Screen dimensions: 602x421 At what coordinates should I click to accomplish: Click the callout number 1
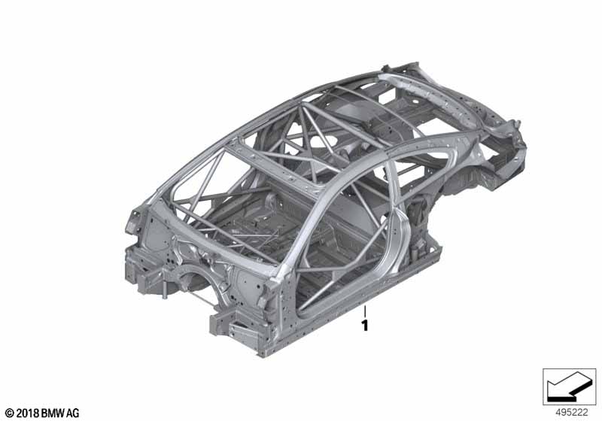(365, 326)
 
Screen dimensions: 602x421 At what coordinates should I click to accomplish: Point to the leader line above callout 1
(365, 311)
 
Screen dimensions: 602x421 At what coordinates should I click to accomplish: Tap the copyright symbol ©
(10, 413)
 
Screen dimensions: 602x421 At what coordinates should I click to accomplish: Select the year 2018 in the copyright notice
(28, 413)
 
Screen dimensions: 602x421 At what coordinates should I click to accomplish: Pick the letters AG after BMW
(72, 413)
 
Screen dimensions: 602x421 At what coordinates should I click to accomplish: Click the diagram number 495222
(572, 413)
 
